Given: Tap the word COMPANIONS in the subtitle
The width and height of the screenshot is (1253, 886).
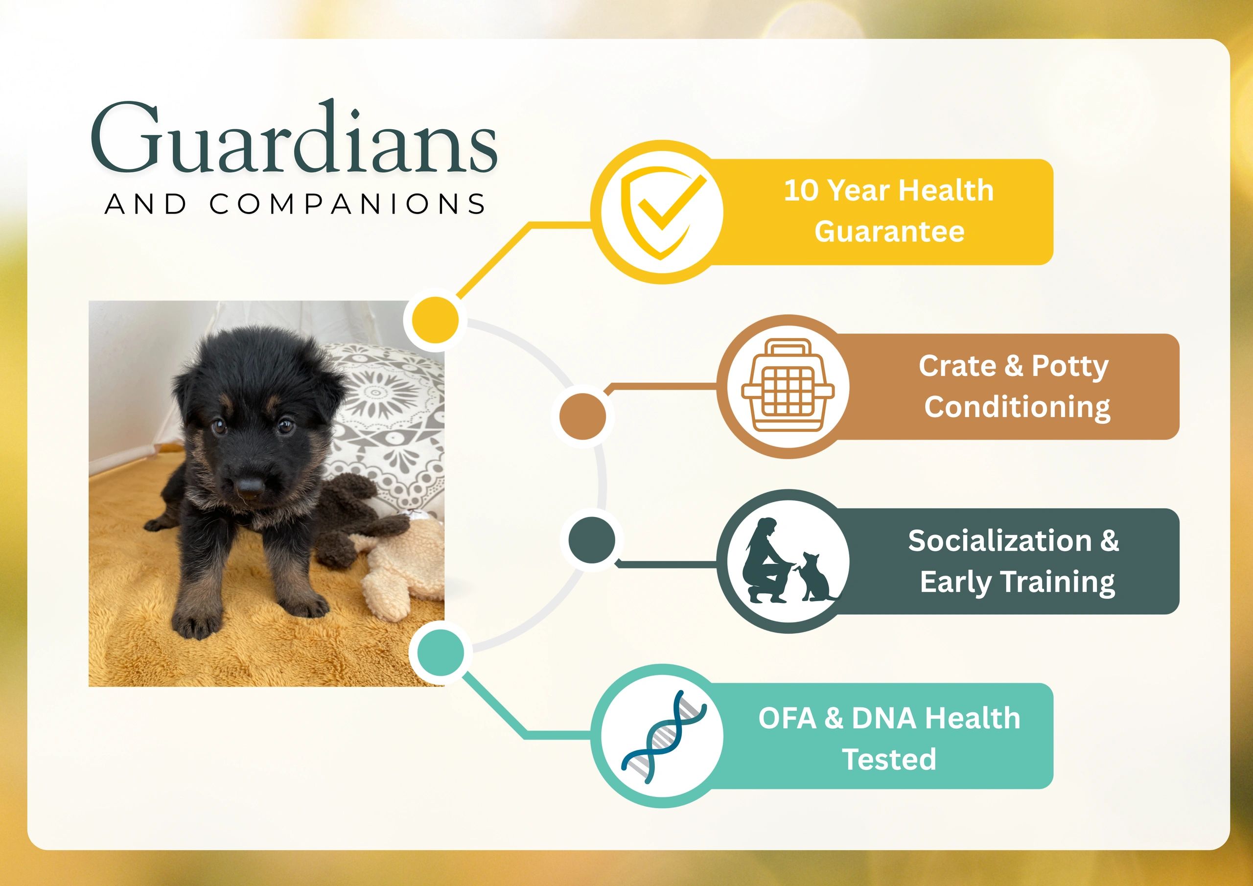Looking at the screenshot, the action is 348,204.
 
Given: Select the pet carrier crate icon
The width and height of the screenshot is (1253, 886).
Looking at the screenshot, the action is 788,386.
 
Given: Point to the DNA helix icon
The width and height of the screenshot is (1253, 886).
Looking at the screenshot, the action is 663,736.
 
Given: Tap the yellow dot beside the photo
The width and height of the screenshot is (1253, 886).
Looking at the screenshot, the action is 435,320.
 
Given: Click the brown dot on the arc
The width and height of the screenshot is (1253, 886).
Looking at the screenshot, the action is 583,416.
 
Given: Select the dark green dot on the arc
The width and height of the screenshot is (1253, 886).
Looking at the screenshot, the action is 592,540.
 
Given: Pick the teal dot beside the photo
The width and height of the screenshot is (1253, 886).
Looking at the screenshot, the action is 441,653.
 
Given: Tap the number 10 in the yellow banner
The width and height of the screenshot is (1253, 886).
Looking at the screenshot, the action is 801,190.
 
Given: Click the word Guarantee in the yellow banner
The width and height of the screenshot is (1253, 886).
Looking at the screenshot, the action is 889,231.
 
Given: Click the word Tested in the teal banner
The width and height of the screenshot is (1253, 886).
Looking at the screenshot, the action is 889,759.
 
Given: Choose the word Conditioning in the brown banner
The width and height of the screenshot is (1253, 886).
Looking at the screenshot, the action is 1017,408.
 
